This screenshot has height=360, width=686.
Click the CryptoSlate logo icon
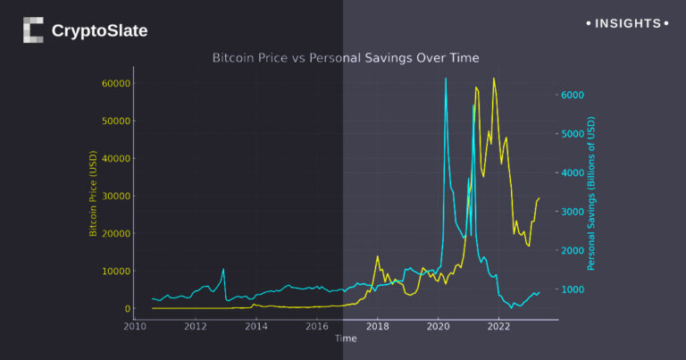[x=33, y=30]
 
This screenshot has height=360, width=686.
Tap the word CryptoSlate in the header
[x=99, y=31]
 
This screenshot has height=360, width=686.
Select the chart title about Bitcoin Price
[x=346, y=58]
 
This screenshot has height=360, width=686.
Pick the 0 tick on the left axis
[x=128, y=309]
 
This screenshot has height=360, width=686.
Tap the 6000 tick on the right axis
[x=572, y=95]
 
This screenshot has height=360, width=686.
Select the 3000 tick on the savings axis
[x=572, y=212]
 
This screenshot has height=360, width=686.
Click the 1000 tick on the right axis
[x=572, y=289]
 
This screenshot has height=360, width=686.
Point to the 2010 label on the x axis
[x=135, y=327]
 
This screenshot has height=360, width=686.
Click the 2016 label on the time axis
[x=317, y=327]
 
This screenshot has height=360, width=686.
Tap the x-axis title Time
[x=346, y=339]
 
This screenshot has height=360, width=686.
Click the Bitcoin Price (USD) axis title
[x=92, y=196]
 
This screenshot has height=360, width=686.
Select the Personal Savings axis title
[x=591, y=196]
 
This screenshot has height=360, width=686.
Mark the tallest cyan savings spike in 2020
[x=446, y=80]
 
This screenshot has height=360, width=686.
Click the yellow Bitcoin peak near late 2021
[x=493, y=79]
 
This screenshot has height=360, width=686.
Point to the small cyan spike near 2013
[x=223, y=270]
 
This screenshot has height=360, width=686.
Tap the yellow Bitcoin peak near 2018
[x=378, y=256]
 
